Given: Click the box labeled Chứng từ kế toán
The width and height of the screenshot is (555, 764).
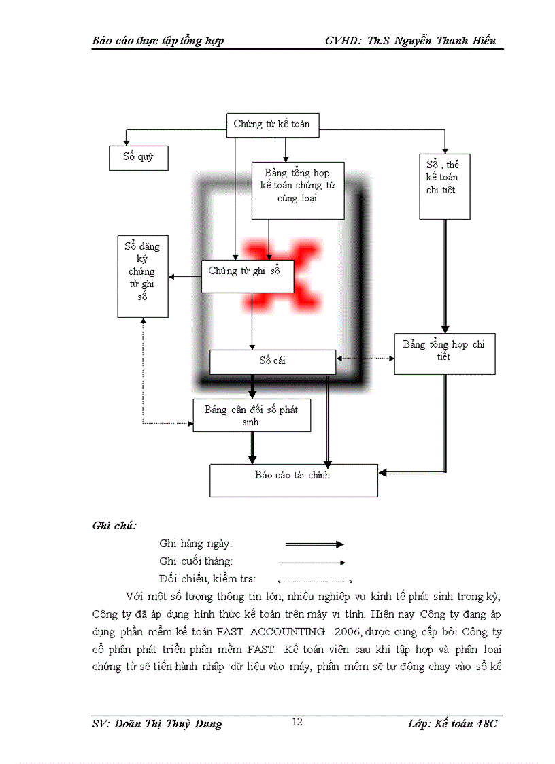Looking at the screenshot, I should pyautogui.click(x=271, y=124).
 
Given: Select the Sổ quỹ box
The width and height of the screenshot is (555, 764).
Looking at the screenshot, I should pyautogui.click(x=138, y=158).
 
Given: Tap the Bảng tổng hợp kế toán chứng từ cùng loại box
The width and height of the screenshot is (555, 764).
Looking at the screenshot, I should pyautogui.click(x=298, y=190).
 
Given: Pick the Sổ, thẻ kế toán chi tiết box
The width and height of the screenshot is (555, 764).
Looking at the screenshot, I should pyautogui.click(x=445, y=186).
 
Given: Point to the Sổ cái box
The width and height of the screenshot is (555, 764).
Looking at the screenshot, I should pyautogui.click(x=272, y=361).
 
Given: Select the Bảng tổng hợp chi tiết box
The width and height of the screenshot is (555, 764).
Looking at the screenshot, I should pyautogui.click(x=444, y=353).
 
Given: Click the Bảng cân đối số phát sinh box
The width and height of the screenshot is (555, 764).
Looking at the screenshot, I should pyautogui.click(x=252, y=415).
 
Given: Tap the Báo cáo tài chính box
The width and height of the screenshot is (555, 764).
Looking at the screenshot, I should pyautogui.click(x=293, y=480).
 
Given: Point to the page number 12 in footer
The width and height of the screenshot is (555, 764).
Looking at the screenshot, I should pyautogui.click(x=297, y=721).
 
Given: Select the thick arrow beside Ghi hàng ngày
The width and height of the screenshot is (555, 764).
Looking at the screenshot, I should pyautogui.click(x=314, y=544).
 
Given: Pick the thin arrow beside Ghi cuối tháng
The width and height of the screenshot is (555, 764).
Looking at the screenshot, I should pyautogui.click(x=312, y=563).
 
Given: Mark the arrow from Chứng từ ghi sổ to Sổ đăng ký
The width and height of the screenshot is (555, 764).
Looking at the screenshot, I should pyautogui.click(x=185, y=276).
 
